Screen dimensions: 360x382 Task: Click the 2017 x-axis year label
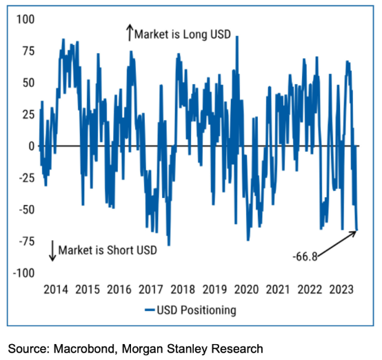coord(151,290)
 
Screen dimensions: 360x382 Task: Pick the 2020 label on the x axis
coord(245,290)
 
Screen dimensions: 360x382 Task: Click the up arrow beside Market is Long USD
coord(129,32)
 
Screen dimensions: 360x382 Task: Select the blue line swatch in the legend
coord(151,310)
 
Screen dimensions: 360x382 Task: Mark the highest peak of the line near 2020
coord(237,37)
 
